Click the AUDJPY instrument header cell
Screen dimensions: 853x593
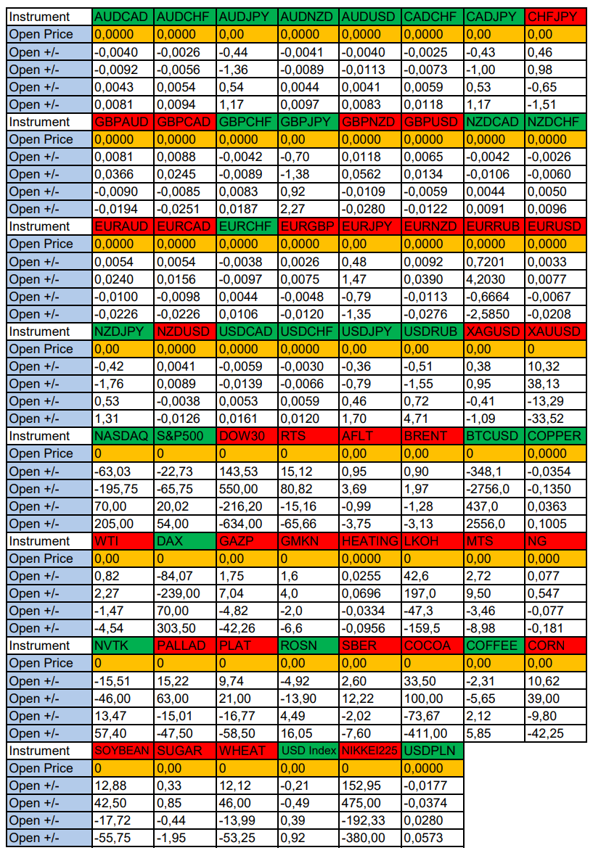[x=246, y=17]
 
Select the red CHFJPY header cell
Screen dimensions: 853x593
[x=555, y=17]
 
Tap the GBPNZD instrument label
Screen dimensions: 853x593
[x=369, y=122]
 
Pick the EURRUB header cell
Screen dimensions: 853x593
[x=493, y=226]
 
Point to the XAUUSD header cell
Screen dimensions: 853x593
[x=555, y=331]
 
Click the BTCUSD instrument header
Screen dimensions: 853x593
[x=493, y=436]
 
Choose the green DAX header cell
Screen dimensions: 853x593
[x=184, y=541]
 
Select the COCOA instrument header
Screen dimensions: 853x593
[x=431, y=646]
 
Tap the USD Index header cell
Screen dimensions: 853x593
[x=308, y=751]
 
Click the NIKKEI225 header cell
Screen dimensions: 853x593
[x=369, y=751]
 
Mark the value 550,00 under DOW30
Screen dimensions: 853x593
[x=246, y=489]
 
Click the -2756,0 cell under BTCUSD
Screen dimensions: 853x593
[x=493, y=489]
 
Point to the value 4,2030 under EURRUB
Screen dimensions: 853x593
[x=493, y=279]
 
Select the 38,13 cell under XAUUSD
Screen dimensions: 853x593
[x=555, y=384]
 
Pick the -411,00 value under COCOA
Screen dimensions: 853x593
[x=431, y=733]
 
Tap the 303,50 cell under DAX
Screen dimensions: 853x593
[x=184, y=628]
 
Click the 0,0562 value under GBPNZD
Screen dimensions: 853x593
[x=369, y=174]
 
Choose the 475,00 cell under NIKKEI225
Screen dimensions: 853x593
[x=369, y=803]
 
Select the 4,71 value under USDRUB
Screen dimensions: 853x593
[x=431, y=419]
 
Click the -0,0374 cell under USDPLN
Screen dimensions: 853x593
[x=431, y=803]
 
